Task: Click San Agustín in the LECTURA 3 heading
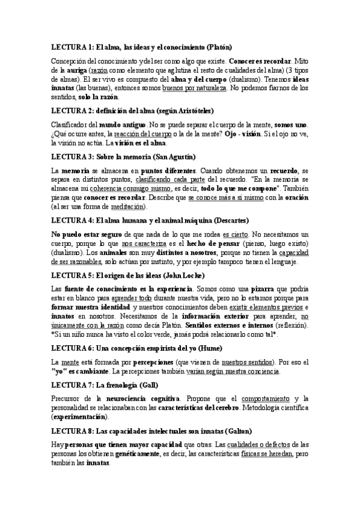175,158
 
